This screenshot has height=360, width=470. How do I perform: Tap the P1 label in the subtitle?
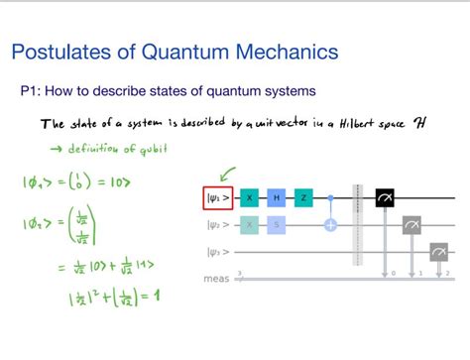point(29,91)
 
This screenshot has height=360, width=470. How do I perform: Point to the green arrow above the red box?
point(229,176)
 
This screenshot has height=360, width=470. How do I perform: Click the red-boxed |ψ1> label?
point(217,198)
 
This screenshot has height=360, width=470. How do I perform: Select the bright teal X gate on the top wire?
point(250,198)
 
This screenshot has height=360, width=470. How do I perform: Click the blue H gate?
point(277,198)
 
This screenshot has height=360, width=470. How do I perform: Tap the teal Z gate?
point(303,198)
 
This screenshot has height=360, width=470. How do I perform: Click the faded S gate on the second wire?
point(277,225)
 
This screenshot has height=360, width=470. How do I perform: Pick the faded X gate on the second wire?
point(250,225)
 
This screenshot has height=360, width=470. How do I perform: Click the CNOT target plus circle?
point(330,225)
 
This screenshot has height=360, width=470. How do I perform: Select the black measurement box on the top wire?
point(385,198)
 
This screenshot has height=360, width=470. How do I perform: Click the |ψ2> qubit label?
point(217,225)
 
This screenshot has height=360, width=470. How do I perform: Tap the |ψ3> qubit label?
point(217,252)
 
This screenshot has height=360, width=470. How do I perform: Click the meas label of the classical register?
point(215,279)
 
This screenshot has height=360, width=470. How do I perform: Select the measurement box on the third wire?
point(438,252)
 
